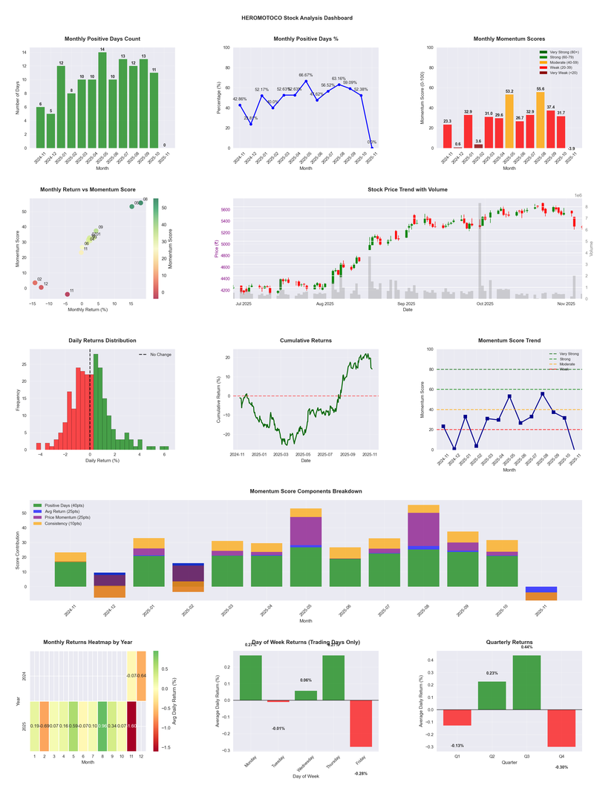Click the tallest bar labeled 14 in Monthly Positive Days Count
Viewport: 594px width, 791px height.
(102, 100)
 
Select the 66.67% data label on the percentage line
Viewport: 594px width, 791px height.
(306, 75)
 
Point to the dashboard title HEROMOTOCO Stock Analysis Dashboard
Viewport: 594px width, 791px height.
(297, 18)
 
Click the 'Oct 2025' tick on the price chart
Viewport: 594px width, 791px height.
(486, 303)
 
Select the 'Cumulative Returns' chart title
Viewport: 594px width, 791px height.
(306, 341)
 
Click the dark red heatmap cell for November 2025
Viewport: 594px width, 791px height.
(133, 726)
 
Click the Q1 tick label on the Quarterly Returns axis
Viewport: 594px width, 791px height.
(457, 758)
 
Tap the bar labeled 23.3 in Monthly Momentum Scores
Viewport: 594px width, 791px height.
(447, 136)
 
